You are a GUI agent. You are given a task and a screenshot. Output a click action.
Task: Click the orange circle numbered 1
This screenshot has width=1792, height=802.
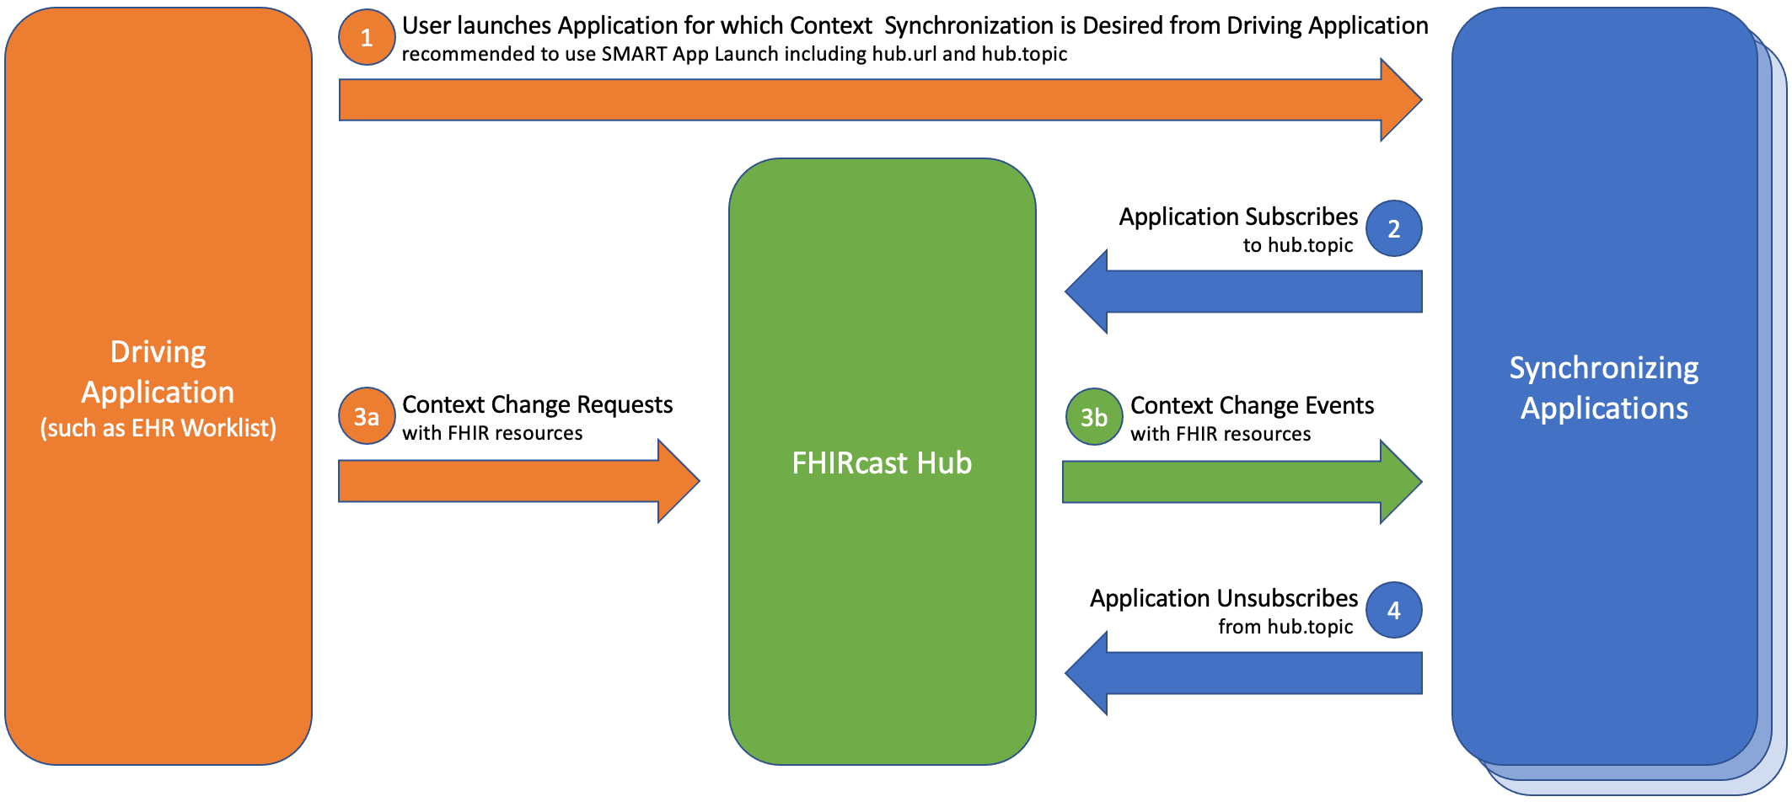click(x=366, y=38)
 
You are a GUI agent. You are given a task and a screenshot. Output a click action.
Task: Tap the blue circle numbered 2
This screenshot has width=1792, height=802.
click(x=1393, y=228)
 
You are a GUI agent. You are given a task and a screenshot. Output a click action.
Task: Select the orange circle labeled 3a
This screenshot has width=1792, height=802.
click(x=366, y=416)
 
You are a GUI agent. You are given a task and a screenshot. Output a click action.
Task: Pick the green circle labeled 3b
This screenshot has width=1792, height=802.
click(x=1093, y=417)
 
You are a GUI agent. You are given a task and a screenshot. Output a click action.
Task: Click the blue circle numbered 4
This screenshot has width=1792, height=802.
click(x=1393, y=610)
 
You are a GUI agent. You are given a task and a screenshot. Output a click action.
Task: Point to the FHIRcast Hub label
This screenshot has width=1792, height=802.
click(x=882, y=463)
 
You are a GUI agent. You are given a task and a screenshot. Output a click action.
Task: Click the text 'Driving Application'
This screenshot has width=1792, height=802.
click(x=158, y=372)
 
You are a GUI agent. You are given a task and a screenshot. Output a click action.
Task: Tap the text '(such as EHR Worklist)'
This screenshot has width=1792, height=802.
click(x=158, y=428)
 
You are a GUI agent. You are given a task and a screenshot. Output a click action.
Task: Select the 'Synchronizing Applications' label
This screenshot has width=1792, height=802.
click(x=1603, y=388)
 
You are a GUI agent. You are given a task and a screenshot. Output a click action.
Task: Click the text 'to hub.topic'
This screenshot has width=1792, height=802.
click(x=1297, y=245)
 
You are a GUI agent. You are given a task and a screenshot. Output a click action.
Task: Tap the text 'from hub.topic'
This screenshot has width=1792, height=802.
click(x=1285, y=627)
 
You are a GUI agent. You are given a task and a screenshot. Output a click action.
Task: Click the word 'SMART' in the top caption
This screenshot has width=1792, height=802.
click(x=633, y=54)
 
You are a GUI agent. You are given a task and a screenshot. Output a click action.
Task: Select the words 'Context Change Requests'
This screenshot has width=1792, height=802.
click(x=537, y=404)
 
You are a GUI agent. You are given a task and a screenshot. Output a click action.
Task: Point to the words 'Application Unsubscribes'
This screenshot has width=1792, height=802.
click(x=1223, y=598)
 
